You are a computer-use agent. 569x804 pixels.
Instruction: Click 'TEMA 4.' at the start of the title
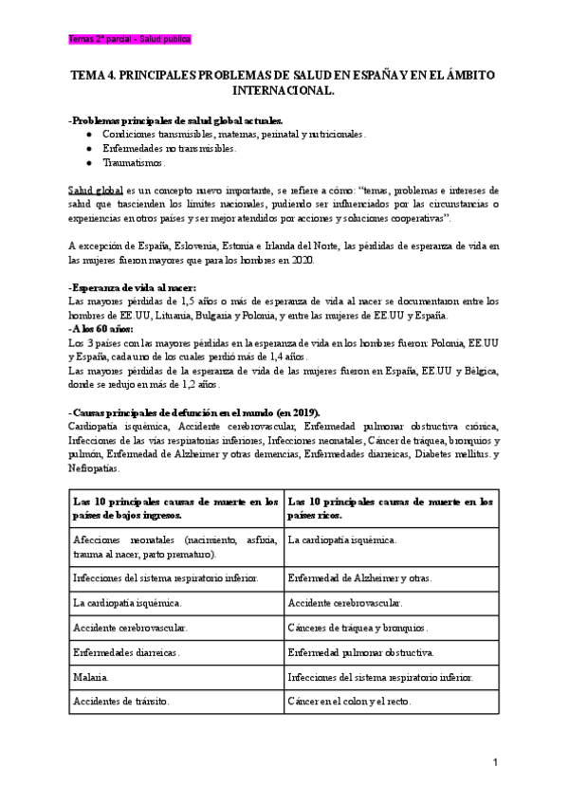coord(96,74)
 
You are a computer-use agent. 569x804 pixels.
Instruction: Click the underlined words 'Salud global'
coord(97,190)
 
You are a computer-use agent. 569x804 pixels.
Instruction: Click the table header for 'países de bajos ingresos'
coord(174,508)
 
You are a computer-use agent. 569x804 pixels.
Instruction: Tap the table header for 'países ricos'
coord(390,508)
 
